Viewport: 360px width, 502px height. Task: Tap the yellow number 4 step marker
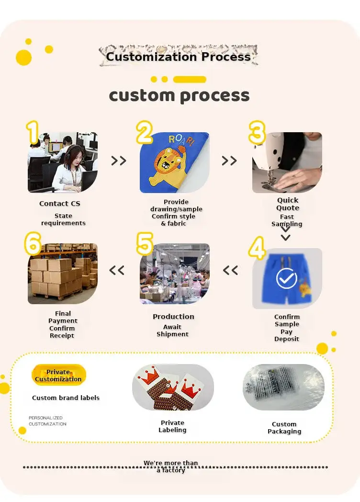click(257, 248)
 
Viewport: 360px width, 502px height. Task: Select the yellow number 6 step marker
click(33, 244)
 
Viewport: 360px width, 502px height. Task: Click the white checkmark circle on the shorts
click(286, 278)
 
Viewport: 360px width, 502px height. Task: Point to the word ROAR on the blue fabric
click(181, 139)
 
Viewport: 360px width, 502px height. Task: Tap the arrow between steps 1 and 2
click(119, 160)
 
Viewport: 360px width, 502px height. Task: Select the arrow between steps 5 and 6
click(117, 271)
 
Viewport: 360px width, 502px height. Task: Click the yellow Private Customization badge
click(58, 375)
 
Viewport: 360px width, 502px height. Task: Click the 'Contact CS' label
click(60, 204)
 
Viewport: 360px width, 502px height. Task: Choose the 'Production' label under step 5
click(173, 317)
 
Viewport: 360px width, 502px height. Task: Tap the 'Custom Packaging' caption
click(284, 428)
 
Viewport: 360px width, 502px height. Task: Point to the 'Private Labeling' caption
click(172, 426)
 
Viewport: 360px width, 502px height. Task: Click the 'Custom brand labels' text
click(66, 398)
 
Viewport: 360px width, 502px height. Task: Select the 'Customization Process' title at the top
click(179, 57)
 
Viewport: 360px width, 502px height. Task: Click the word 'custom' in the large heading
click(142, 95)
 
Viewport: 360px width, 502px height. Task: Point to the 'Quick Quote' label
click(288, 204)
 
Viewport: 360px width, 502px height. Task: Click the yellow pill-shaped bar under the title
click(190, 80)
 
